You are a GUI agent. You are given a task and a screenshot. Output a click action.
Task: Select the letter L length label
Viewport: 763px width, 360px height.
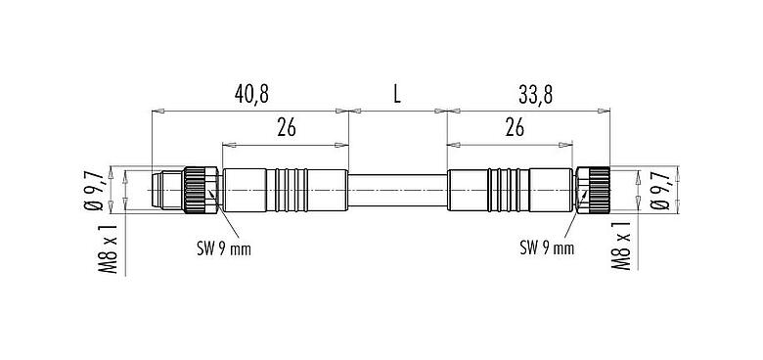point(397,95)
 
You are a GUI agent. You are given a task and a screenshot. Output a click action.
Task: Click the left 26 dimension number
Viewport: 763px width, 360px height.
point(287,127)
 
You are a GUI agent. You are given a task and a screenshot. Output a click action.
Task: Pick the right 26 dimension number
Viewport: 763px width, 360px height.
point(514,127)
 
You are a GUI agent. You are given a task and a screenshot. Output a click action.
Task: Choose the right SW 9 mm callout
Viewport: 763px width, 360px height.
point(546,248)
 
